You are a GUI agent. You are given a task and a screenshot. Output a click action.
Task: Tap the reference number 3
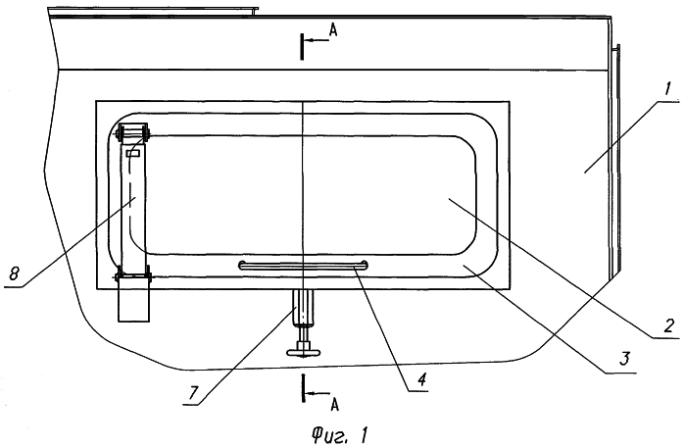624,359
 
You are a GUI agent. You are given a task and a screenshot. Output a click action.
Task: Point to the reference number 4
420,380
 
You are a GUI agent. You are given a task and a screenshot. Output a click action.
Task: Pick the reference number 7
193,393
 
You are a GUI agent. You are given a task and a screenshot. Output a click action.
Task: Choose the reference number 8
15,274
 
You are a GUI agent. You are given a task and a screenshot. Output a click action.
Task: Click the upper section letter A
333,29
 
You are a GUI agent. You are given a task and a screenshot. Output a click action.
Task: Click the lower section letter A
334,405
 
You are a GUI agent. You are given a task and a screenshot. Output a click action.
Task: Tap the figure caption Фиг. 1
340,436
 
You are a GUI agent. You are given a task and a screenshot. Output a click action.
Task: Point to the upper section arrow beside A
317,40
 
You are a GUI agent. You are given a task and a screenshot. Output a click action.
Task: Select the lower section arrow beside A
318,394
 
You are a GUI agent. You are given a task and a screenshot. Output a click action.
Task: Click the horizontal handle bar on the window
303,266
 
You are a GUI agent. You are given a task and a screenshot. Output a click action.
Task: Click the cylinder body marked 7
303,307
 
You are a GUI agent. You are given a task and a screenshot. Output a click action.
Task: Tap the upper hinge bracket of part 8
132,131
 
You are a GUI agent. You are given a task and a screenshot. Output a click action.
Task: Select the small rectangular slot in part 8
133,153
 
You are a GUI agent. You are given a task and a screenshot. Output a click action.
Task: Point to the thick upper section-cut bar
302,46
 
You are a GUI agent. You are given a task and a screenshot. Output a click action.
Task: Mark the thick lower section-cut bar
302,387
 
